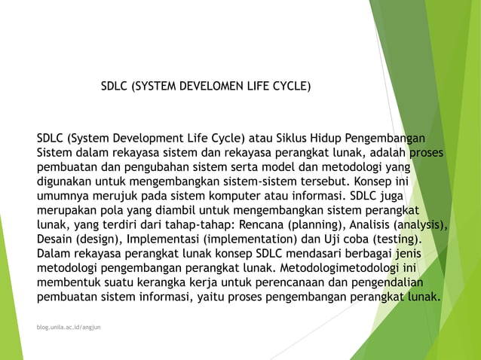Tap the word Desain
[x=56, y=239]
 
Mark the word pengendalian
[x=381, y=282]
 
